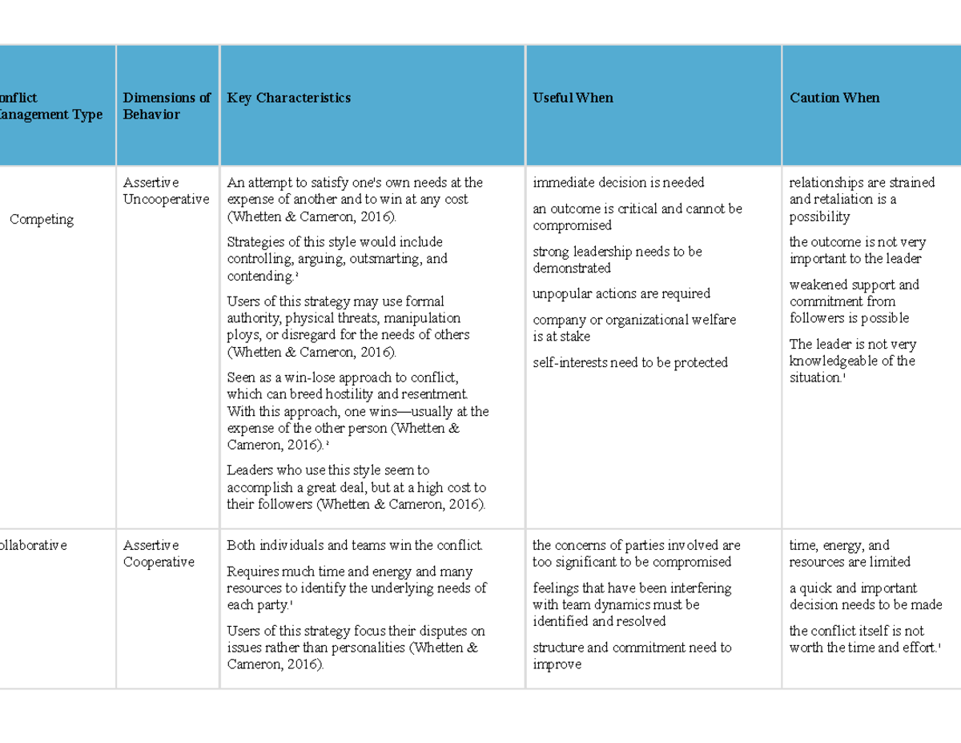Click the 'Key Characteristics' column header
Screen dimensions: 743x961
[x=289, y=98]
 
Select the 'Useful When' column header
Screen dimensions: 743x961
[x=573, y=98]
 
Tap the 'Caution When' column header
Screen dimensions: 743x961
[x=834, y=98]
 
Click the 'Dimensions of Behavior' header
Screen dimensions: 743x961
[x=167, y=106]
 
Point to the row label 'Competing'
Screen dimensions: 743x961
[x=42, y=220]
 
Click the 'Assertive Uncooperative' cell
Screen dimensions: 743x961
[x=166, y=191]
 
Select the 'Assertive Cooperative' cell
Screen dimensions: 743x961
[x=159, y=554]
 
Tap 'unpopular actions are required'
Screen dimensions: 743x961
[x=621, y=293]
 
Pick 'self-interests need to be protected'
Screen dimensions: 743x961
[x=630, y=362]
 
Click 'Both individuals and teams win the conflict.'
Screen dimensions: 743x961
[x=355, y=546]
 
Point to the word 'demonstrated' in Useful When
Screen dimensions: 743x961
[x=572, y=268]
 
